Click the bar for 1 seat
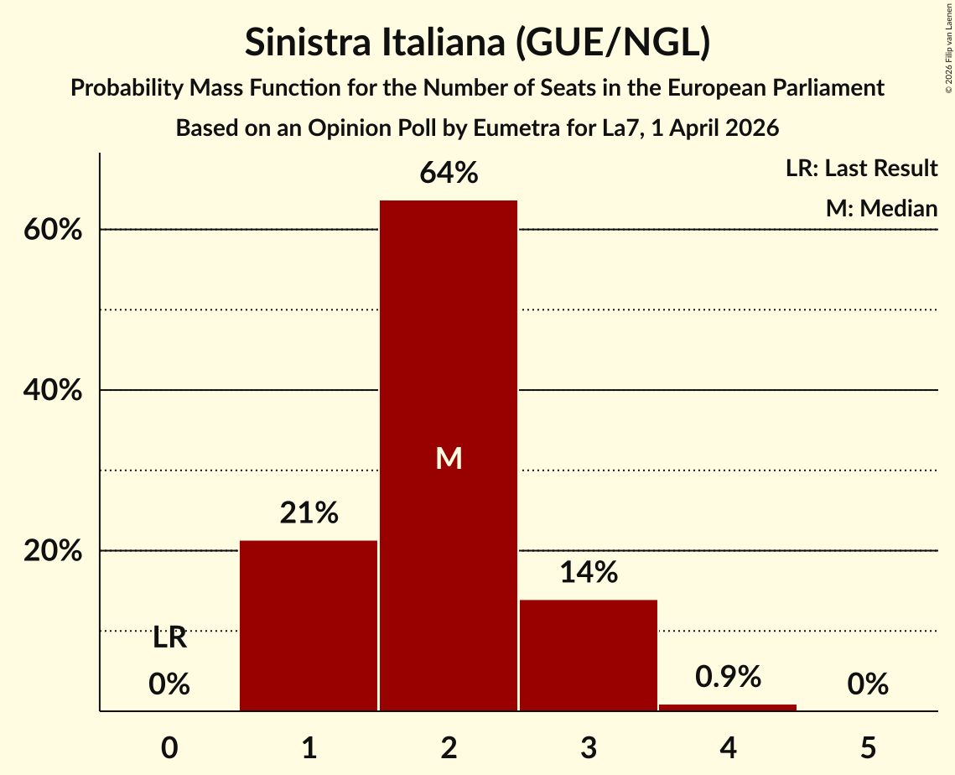click(x=309, y=626)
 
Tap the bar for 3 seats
click(x=588, y=655)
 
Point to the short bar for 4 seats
click(x=728, y=707)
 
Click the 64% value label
click(x=449, y=174)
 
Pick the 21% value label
click(x=309, y=513)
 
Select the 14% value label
click(x=588, y=573)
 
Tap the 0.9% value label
click(x=728, y=677)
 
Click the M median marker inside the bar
click(x=449, y=458)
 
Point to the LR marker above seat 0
click(x=169, y=639)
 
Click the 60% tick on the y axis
click(x=52, y=230)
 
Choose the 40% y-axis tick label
click(x=52, y=391)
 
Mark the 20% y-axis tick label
click(x=52, y=551)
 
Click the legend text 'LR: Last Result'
click(x=861, y=169)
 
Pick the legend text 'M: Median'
click(x=881, y=208)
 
